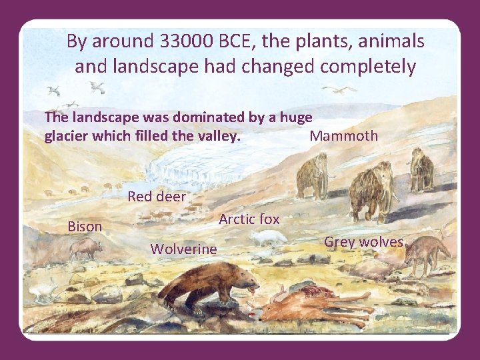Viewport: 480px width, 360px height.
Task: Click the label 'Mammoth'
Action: point(344,136)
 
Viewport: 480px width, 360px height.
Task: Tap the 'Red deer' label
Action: point(157,196)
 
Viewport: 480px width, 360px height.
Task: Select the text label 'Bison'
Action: point(85,227)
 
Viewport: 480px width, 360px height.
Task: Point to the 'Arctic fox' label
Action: point(249,219)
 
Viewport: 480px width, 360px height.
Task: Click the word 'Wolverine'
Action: point(183,249)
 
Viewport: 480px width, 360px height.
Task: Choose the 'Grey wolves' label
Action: point(363,242)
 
